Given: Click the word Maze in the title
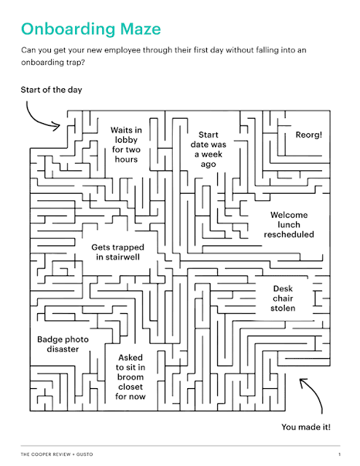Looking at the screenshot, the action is [141, 29].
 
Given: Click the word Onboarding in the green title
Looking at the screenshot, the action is [68, 30].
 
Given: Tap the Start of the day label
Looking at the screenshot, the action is [51, 90].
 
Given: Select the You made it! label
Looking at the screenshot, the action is [306, 427].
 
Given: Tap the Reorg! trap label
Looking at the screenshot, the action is [309, 135].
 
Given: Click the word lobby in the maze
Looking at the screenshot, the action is [126, 140].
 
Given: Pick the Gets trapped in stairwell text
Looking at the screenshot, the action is [118, 252].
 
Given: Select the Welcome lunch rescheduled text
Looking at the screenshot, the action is [289, 225].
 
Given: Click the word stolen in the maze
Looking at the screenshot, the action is [283, 308].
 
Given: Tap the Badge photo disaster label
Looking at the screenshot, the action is [63, 344].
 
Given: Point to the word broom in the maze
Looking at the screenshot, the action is [130, 377].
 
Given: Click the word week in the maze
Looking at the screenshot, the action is [211, 154].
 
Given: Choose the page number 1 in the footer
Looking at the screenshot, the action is [340, 454].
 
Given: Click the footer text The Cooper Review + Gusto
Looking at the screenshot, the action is [57, 454].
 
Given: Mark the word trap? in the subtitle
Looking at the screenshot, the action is [74, 63].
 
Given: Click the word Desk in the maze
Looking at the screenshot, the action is [283, 288].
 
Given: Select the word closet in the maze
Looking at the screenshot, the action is [130, 387].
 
